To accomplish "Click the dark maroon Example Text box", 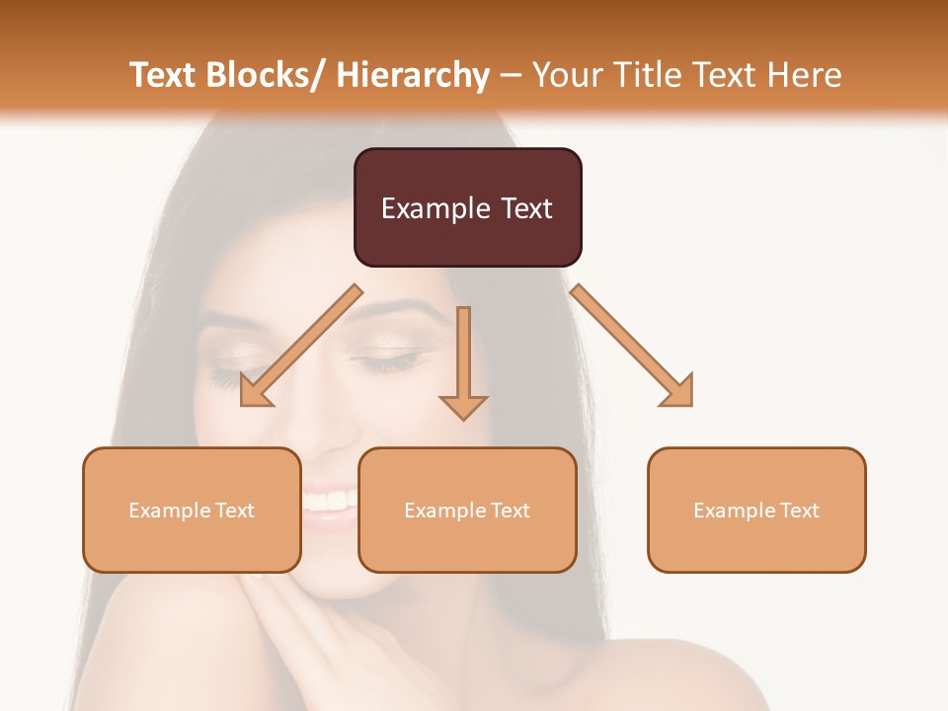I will pos(467,207).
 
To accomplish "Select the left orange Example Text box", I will pos(192,510).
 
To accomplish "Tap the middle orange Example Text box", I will pos(467,510).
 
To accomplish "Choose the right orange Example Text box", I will pos(756,510).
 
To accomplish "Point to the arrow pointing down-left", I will pos(300,347).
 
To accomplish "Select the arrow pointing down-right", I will pos(632,347).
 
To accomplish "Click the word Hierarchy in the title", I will pos(413,75).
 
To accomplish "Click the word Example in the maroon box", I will pos(435,208).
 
